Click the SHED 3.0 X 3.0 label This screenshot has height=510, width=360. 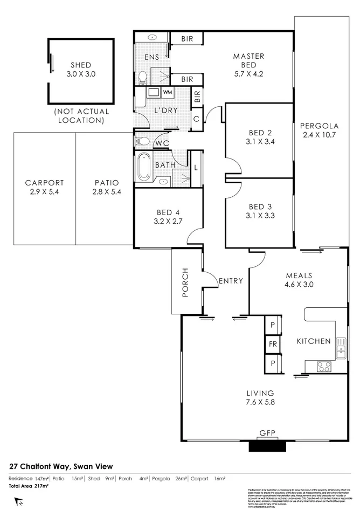coord(80,70)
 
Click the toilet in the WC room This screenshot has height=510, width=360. coord(143,142)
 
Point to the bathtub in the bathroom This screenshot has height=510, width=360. coord(144,168)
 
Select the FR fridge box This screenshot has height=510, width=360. coord(273,343)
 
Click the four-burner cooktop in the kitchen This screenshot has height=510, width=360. coord(324,367)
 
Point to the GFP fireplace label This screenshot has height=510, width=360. coord(267,433)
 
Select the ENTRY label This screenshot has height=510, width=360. coord(231,281)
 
